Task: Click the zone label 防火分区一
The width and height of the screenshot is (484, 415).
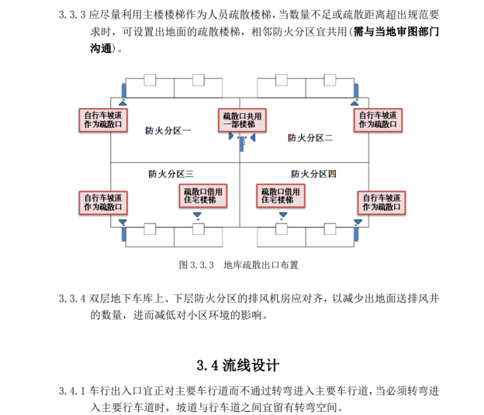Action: [167, 131]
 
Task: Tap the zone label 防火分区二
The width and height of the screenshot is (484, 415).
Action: [310, 137]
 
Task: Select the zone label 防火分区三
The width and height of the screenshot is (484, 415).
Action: [171, 174]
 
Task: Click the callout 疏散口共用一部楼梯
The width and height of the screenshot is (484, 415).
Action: [242, 120]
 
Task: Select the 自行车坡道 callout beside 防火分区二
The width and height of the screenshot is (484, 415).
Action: [378, 120]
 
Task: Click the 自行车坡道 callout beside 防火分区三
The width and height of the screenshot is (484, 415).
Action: [103, 202]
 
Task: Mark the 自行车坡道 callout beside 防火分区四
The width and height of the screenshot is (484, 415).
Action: [382, 202]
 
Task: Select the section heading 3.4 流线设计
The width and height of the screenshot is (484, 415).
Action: [238, 365]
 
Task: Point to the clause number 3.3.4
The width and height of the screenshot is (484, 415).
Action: [72, 299]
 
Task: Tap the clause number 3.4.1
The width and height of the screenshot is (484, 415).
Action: [72, 390]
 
